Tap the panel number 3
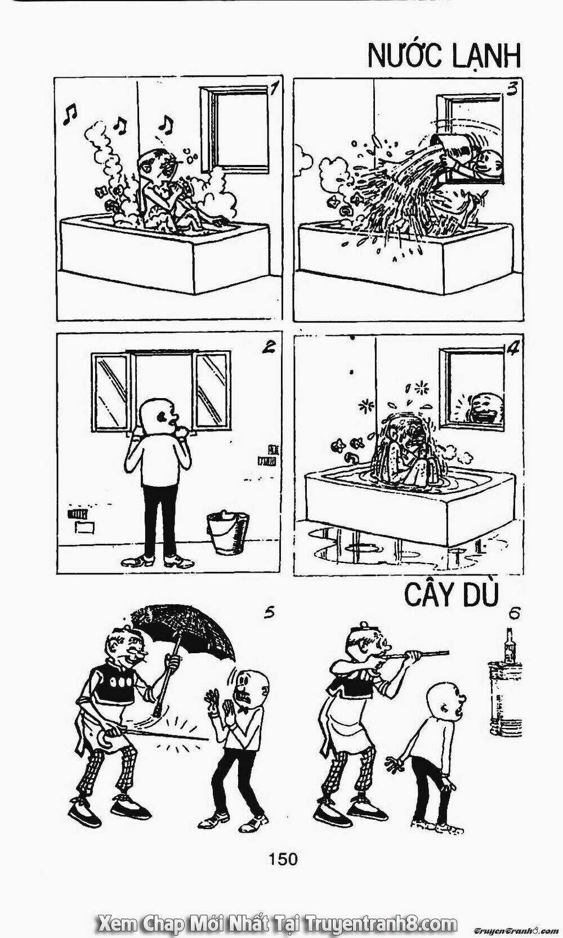click(512, 90)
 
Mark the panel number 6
click(514, 614)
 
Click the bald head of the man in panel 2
click(159, 414)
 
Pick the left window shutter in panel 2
click(110, 390)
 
